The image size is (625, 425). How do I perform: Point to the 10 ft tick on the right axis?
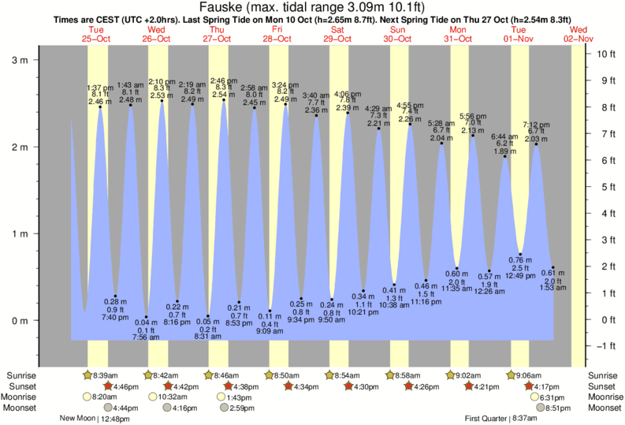click(x=605, y=54)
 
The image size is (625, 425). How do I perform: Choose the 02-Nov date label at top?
click(x=578, y=38)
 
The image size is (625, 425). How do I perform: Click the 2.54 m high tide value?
click(x=223, y=94)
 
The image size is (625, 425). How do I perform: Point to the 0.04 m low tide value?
click(x=146, y=322)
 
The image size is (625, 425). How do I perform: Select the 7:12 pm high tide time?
click(x=537, y=124)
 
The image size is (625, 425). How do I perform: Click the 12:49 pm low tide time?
click(x=521, y=275)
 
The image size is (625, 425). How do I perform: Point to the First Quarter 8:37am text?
click(x=500, y=419)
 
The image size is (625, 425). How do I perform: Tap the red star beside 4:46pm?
click(x=107, y=386)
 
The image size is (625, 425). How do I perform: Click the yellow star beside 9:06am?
click(x=512, y=375)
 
